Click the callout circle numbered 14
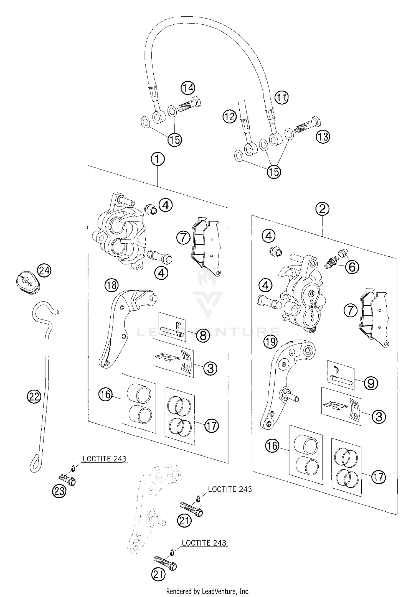[x=188, y=88]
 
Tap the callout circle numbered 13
[x=323, y=136]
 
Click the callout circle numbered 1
[x=158, y=159]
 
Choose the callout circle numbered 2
[x=322, y=209]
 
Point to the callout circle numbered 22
[x=34, y=397]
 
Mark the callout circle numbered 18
[x=111, y=285]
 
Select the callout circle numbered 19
[x=270, y=342]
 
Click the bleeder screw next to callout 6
[x=331, y=262]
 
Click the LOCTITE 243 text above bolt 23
[x=105, y=459]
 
